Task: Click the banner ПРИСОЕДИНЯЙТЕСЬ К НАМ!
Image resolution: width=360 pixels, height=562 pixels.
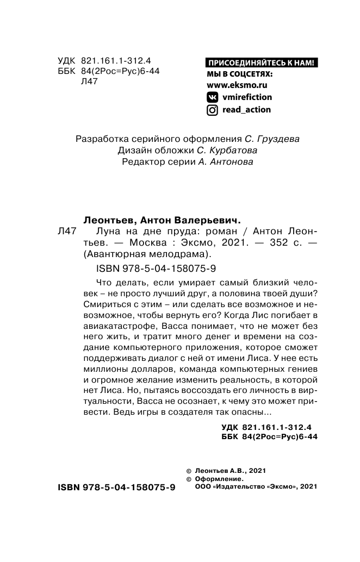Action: [x=262, y=63]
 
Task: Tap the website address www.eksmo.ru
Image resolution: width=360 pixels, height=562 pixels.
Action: [x=238, y=85]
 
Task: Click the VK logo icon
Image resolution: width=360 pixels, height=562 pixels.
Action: [x=213, y=97]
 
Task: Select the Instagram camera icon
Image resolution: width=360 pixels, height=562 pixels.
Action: [x=213, y=110]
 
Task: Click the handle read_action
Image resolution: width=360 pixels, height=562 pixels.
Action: [x=247, y=110]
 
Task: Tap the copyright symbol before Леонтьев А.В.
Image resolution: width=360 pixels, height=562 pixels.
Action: [x=189, y=471]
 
